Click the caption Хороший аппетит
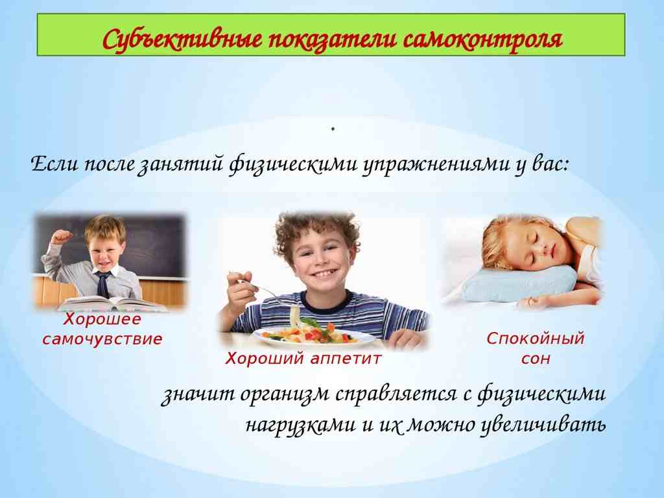tap(303, 359)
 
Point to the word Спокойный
tap(536, 338)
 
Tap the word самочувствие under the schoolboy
tap(102, 338)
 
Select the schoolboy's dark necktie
tap(102, 283)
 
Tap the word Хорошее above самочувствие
tap(102, 320)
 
